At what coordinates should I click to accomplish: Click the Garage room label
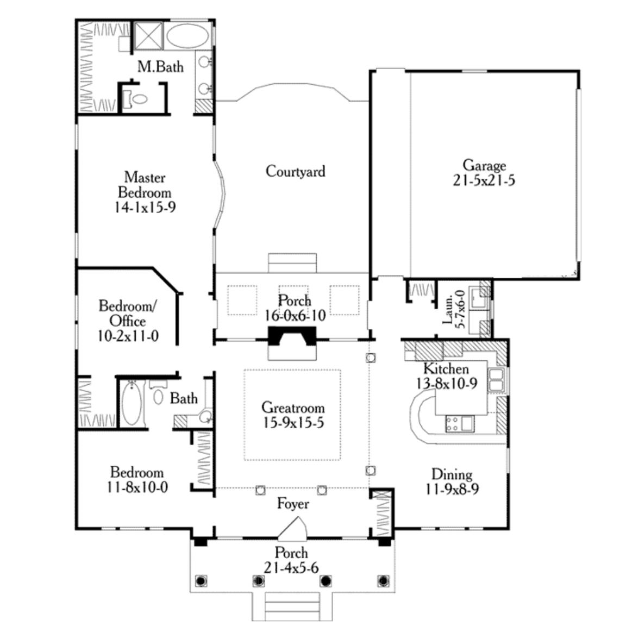(x=484, y=165)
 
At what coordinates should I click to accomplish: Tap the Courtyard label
(x=296, y=171)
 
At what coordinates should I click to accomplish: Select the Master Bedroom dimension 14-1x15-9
(x=145, y=207)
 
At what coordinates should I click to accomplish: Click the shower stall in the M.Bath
(x=148, y=36)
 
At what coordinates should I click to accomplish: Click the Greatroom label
(x=293, y=408)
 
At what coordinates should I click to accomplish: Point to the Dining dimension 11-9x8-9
(x=452, y=489)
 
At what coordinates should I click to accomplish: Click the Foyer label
(x=293, y=504)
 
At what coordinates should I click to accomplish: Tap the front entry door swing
(x=293, y=528)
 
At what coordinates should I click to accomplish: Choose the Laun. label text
(x=448, y=310)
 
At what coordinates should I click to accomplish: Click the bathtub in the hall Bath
(x=132, y=403)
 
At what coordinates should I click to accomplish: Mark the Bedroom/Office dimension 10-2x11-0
(x=128, y=336)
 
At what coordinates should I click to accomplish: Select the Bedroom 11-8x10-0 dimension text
(x=137, y=487)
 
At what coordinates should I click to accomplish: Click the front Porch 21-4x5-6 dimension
(x=291, y=568)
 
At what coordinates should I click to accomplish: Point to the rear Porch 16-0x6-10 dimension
(x=295, y=315)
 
